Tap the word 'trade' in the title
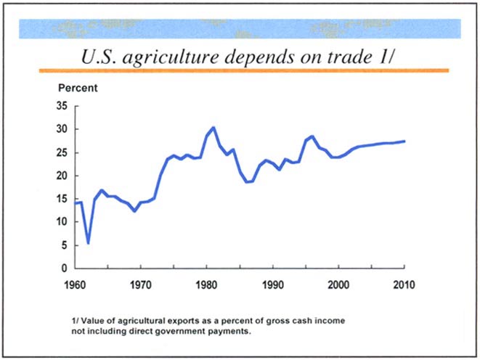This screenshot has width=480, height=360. pos(349,57)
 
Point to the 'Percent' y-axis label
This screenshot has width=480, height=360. pos(78,89)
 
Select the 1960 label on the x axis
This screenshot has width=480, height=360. pos(76,283)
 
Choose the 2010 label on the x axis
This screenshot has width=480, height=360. pos(404,283)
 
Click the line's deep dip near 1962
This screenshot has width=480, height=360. pos(88,243)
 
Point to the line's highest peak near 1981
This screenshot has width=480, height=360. pos(213,128)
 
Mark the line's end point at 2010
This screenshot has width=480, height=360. pos(404,141)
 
